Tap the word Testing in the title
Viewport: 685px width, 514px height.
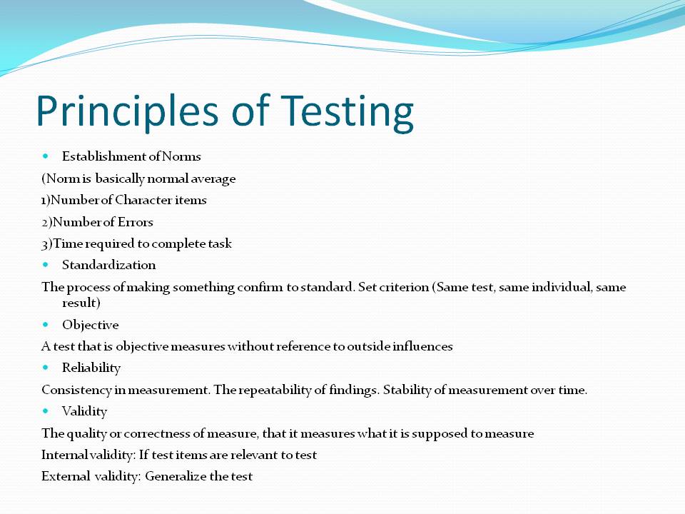click(x=347, y=112)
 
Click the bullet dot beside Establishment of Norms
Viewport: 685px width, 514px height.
click(x=46, y=156)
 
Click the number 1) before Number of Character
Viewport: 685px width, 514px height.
click(x=46, y=200)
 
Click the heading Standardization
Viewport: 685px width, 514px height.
click(x=108, y=265)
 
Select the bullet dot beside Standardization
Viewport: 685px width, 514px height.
click(x=46, y=264)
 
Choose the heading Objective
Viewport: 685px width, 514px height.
click(x=91, y=325)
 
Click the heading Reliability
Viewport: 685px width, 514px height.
click(x=91, y=368)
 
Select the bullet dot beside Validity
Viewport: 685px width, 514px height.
click(x=46, y=410)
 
